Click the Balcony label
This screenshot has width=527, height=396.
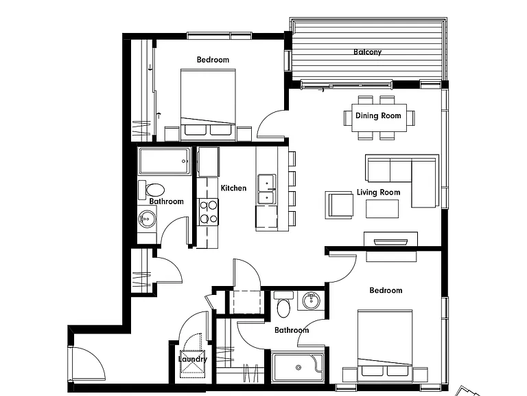[367, 52]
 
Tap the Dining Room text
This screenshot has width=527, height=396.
[378, 115]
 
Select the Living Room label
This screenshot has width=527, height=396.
[379, 192]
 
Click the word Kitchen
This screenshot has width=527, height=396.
[233, 188]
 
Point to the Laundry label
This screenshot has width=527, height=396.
[193, 359]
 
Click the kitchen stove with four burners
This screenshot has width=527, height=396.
[209, 212]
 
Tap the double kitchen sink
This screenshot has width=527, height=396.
[267, 189]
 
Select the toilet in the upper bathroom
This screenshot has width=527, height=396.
[151, 190]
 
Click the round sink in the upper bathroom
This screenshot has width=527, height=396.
[147, 219]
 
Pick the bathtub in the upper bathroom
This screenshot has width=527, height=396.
[165, 161]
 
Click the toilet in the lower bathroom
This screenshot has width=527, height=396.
[283, 305]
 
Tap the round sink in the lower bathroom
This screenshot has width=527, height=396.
[311, 300]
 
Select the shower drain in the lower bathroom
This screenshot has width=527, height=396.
[298, 367]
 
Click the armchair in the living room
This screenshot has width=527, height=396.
[339, 205]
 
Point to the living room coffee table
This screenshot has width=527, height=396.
[382, 209]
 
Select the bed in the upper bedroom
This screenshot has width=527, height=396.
[208, 104]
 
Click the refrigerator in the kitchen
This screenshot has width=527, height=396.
[209, 162]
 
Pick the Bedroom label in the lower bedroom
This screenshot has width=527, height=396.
[386, 290]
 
